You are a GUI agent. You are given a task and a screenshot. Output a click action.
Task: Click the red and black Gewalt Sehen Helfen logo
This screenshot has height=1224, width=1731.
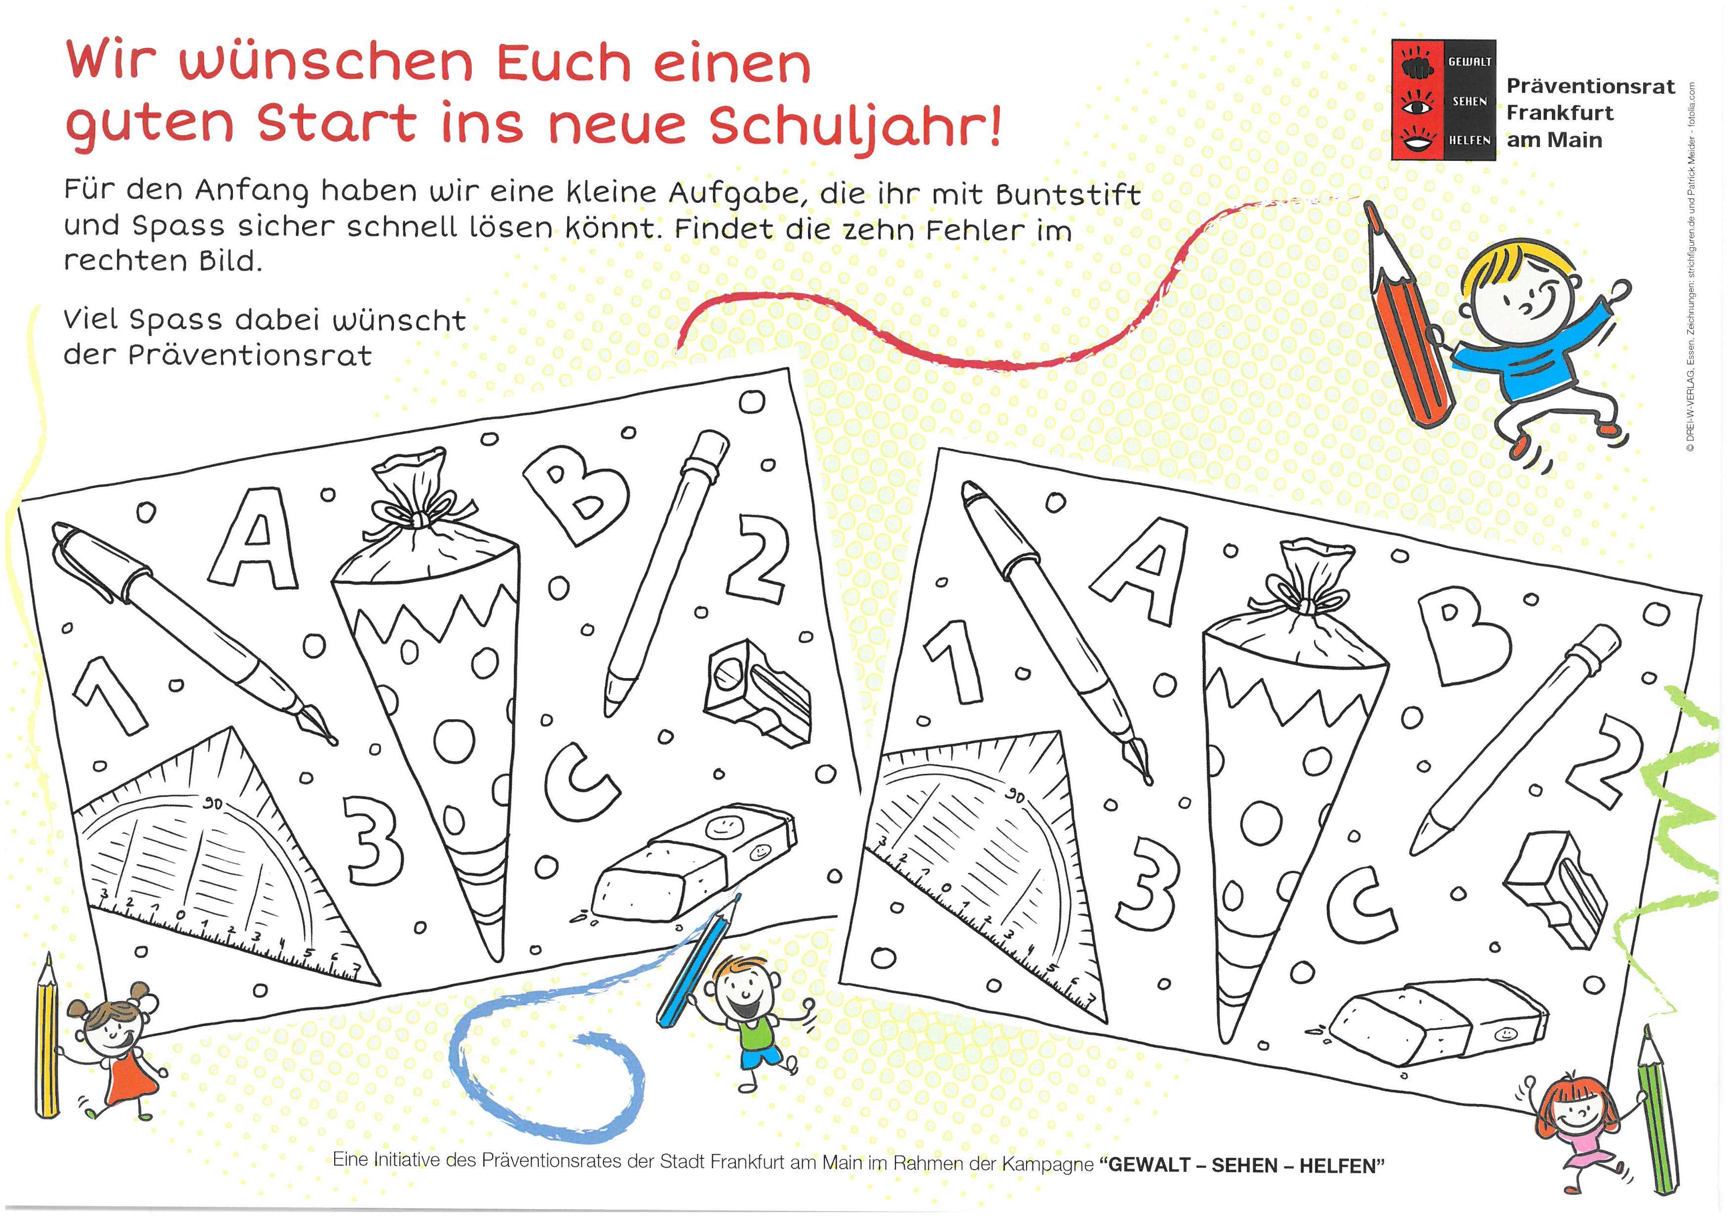[1444, 100]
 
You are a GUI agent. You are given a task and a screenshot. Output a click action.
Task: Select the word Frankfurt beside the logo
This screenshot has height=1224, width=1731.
[1560, 113]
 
